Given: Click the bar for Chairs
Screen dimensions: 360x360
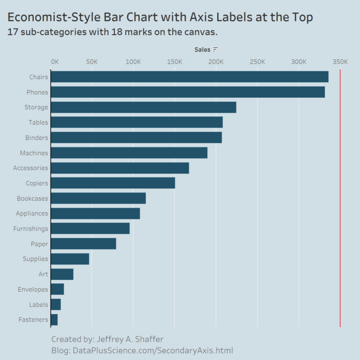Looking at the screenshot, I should point(189,77).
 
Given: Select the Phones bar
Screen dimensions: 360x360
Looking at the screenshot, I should point(188,92).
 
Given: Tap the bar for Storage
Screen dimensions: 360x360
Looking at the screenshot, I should point(143,107).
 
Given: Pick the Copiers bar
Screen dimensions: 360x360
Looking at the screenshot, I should point(113,183).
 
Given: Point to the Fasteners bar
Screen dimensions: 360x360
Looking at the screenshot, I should point(54,320).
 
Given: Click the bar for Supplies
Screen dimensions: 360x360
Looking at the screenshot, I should point(70,259).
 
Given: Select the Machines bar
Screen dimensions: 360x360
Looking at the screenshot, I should point(129,153).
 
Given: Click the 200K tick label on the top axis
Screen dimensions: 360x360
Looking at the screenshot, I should point(216,62).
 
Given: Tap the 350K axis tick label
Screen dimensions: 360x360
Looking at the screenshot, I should point(340,62).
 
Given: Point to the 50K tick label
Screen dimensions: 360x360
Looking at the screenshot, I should point(92,62).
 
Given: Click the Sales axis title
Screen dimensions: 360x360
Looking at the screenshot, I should point(202,50).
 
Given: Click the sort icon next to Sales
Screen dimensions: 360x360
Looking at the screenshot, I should point(216,50).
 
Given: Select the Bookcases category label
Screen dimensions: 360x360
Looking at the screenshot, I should point(32,198).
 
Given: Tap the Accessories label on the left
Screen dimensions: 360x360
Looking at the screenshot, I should point(31,168).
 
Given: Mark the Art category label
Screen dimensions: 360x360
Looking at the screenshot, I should point(43,274).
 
